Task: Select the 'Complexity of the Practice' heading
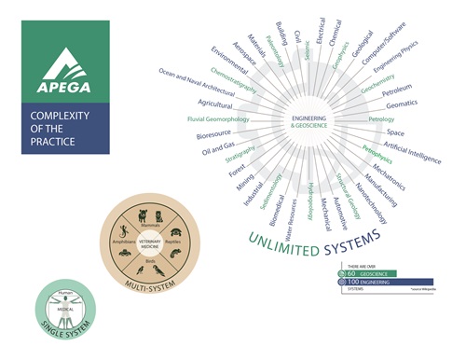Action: pyautogui.click(x=53, y=132)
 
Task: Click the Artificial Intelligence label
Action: pyautogui.click(x=411, y=149)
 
